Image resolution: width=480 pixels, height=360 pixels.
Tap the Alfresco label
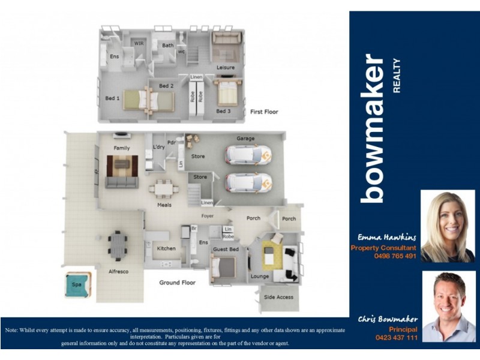point(118,271)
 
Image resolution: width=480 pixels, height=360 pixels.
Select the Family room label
point(122,148)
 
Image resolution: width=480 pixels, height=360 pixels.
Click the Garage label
point(245,139)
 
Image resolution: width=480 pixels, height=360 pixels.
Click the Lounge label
point(259,277)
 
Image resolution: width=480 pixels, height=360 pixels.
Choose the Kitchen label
point(166,248)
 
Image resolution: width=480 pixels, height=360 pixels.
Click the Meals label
point(164,205)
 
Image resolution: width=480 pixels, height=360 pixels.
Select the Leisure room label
point(226,67)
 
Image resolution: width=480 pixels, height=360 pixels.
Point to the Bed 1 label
point(112,98)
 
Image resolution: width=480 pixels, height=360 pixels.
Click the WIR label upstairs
point(139,44)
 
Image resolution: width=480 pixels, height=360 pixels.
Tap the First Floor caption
point(264,112)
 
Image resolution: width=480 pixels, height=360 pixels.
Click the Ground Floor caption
point(178,282)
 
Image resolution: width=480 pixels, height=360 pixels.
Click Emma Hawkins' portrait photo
point(448,226)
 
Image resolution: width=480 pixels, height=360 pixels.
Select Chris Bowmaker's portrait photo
point(449,306)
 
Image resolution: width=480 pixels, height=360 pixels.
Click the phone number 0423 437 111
point(395,338)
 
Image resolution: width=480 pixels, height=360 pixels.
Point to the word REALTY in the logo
point(396,76)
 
